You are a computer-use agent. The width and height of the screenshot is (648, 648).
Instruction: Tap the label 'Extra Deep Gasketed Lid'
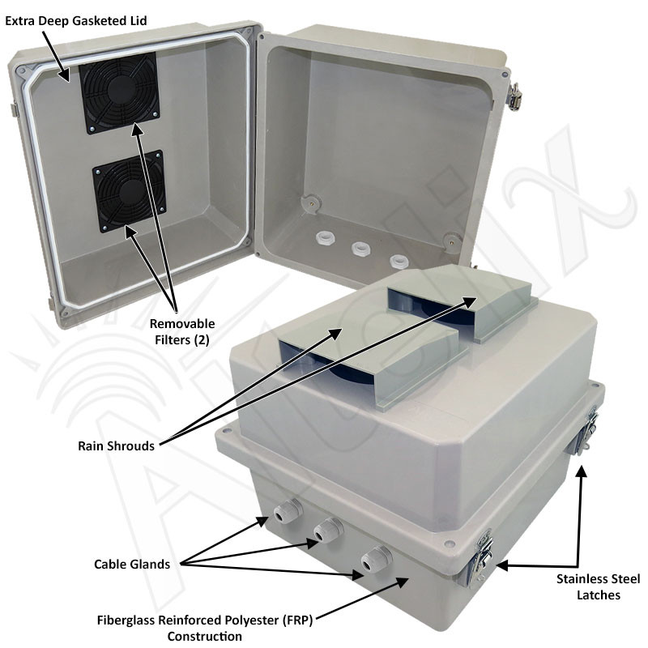point(76,20)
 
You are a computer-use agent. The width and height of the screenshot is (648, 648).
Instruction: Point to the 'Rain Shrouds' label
point(116,446)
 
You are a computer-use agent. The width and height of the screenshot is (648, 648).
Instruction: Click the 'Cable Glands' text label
point(132,565)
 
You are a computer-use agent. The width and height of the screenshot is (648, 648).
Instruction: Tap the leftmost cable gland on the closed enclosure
point(288,512)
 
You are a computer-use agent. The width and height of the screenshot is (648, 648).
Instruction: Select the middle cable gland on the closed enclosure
point(326,531)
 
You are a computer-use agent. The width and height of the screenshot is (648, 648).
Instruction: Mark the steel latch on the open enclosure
point(513,96)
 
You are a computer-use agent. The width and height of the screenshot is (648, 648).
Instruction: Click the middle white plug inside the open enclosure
point(361,249)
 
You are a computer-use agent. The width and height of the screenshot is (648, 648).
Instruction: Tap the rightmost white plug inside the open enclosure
point(399,262)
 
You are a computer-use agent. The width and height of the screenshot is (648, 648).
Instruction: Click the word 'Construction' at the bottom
point(204,636)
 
